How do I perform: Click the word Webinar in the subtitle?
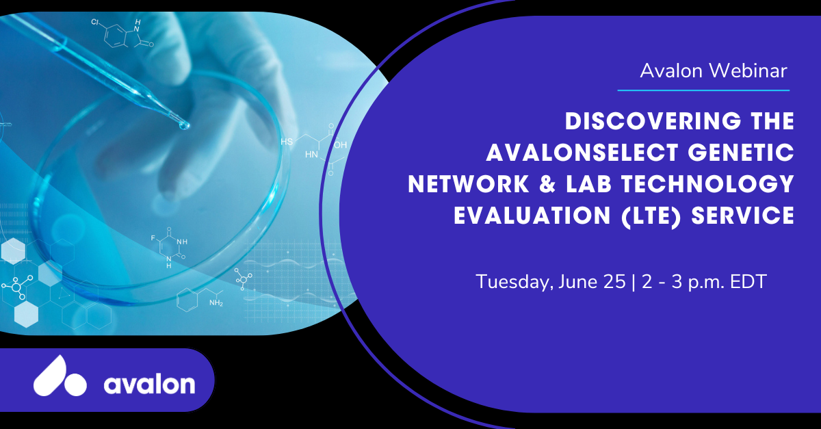tap(748, 70)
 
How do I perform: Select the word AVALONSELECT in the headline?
tap(582, 152)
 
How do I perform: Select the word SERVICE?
tap(743, 216)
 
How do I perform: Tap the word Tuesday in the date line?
tap(514, 282)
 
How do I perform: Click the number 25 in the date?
tap(614, 282)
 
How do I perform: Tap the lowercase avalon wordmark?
tap(150, 384)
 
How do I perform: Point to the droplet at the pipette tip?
tap(183, 126)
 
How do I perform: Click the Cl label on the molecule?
tap(94, 23)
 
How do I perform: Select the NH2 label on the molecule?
tap(216, 303)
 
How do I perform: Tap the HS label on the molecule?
tap(287, 142)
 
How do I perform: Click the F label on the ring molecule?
tap(153, 238)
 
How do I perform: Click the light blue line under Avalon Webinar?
tap(703, 90)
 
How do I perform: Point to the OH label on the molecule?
tap(340, 145)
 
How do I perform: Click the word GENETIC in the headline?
tap(741, 152)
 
